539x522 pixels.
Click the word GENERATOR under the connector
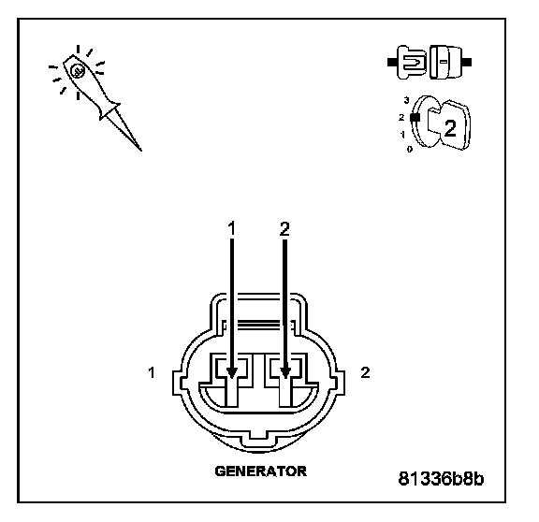click(x=260, y=471)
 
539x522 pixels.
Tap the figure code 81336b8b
click(x=441, y=478)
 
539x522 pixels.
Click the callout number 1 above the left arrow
click(x=232, y=228)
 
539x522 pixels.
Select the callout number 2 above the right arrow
click(x=284, y=229)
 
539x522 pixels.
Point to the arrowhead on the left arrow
click(x=232, y=372)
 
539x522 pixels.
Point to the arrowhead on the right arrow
click(x=285, y=372)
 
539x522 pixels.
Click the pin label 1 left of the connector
click(x=152, y=373)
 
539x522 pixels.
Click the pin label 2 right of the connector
click(x=365, y=372)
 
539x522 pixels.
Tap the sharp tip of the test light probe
click(x=141, y=150)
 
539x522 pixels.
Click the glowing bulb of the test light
click(x=78, y=71)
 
